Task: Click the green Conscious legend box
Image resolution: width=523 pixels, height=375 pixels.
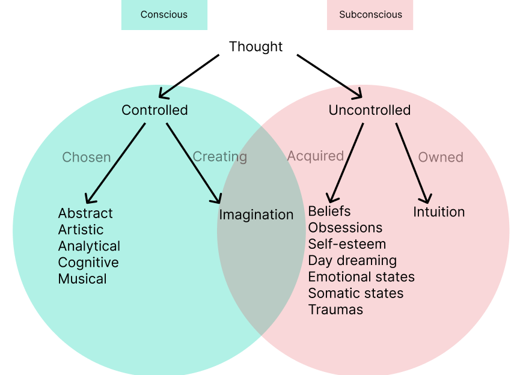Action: (x=164, y=14)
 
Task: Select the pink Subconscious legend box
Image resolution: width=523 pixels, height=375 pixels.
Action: (x=370, y=14)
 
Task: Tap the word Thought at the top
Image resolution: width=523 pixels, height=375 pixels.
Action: (x=255, y=46)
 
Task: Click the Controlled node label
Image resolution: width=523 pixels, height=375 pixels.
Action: (x=154, y=110)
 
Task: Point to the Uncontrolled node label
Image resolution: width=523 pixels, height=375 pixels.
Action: (x=369, y=110)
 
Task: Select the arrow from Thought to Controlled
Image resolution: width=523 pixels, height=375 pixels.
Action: (x=188, y=76)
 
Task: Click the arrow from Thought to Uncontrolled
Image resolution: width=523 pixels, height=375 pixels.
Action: (x=329, y=76)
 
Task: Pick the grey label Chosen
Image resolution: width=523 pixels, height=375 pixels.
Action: (x=87, y=157)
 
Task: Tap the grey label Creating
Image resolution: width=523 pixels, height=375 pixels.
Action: (x=219, y=157)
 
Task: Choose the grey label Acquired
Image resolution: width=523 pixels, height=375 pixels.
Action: (x=315, y=156)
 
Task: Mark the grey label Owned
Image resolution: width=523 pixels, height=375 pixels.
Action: (x=441, y=157)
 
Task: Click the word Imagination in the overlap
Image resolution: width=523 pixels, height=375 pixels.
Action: (x=256, y=215)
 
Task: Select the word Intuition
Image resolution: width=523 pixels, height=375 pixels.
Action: (x=439, y=212)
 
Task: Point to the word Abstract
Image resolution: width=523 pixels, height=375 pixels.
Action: (x=85, y=213)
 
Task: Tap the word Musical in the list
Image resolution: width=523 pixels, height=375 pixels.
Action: (x=82, y=279)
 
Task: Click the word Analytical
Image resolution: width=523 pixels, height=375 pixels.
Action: (x=89, y=246)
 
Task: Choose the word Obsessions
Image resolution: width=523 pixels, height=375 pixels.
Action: (x=345, y=228)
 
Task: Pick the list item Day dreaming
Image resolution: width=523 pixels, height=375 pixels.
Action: (x=352, y=261)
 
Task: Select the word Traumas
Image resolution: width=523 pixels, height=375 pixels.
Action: (x=335, y=310)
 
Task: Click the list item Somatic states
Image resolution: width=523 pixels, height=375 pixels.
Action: (x=355, y=293)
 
